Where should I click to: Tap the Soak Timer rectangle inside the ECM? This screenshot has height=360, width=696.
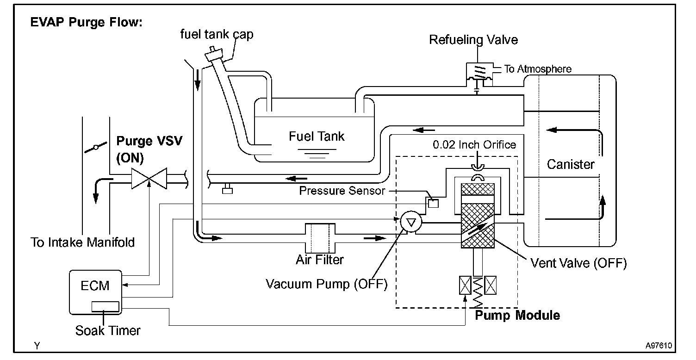tap(105, 306)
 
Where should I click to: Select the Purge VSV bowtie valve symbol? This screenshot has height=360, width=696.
tap(149, 179)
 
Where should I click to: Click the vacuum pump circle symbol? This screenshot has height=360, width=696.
tap(410, 223)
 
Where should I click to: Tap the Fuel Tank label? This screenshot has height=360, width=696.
tap(317, 136)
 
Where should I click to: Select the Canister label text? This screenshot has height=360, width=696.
tap(571, 164)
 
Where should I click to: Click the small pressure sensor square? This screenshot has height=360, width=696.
tap(433, 203)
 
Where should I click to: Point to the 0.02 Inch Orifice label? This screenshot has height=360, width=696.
tap(474, 145)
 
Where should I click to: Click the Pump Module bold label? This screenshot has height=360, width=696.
tap(517, 316)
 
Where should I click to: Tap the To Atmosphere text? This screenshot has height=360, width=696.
tap(538, 69)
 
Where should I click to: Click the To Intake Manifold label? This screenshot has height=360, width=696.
tap(83, 242)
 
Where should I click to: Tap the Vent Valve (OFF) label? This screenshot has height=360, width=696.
tap(578, 263)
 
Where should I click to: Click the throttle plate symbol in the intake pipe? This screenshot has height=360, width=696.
tap(96, 148)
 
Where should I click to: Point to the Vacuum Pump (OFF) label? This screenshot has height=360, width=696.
tap(326, 283)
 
